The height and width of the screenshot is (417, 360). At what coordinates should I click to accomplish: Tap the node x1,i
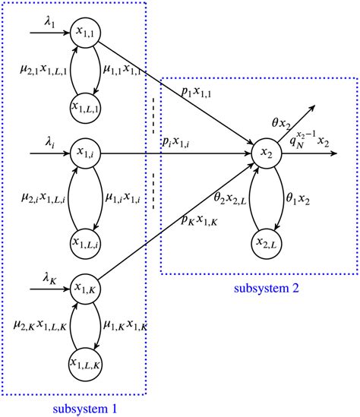click(x=84, y=153)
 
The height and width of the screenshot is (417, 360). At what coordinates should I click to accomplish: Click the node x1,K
click(x=84, y=288)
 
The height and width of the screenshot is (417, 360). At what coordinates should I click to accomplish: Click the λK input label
click(x=51, y=279)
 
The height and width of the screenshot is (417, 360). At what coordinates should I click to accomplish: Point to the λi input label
click(x=51, y=143)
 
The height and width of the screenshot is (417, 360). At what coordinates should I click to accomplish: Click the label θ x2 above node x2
click(x=283, y=122)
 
